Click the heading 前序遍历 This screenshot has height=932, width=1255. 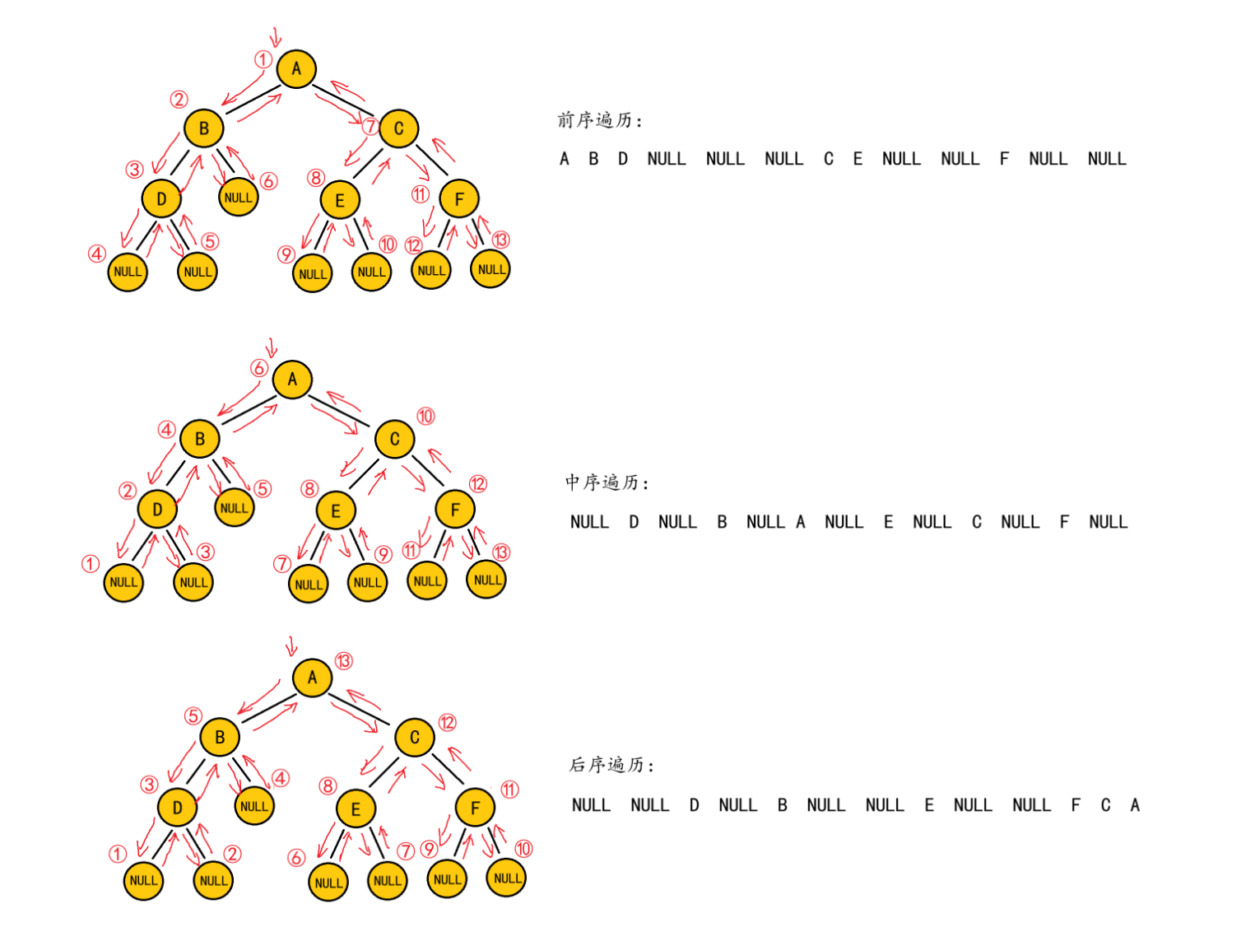pos(598,120)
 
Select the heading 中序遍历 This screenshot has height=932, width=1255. pos(606,482)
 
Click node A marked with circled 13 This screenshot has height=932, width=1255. pos(312,678)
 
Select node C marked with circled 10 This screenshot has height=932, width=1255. pos(394,440)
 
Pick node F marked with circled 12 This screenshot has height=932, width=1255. pos(455,510)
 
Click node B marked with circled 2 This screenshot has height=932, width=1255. pos(203,128)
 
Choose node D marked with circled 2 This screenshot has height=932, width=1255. pos(157,510)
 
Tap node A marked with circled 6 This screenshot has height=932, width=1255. pos(292,380)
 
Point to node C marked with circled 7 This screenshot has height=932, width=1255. pos(398,128)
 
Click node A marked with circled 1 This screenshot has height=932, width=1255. pos(296,69)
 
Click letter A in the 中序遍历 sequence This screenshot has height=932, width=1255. pos(800,522)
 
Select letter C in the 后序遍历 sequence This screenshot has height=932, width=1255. pos(1105,805)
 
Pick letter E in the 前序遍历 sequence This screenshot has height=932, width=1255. pos(858,159)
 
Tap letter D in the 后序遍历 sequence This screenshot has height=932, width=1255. pos(694,805)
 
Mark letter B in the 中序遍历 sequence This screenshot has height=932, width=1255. pos(722,522)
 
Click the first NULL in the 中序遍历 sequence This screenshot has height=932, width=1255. pos(589,522)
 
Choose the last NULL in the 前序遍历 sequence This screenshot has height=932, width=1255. pos(1106,159)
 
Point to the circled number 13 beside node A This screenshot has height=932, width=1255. pos(343,661)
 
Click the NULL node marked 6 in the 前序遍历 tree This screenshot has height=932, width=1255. pos(239,198)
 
